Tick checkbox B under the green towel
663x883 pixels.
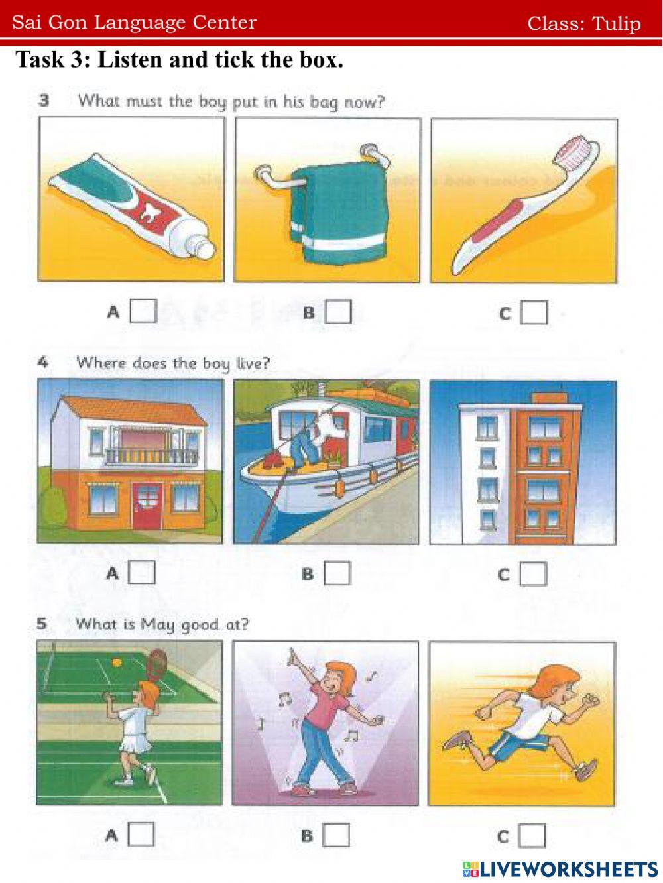tap(338, 312)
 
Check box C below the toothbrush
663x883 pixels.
tap(534, 313)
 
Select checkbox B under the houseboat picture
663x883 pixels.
tap(337, 573)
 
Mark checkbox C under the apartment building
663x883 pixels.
tap(533, 573)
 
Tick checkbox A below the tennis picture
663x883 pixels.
tap(141, 835)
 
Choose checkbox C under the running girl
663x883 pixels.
tap(532, 836)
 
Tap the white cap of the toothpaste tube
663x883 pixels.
tap(201, 246)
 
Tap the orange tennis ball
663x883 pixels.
tap(117, 662)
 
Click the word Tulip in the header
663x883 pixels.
tap(617, 23)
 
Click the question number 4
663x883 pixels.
tap(42, 363)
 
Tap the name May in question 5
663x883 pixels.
tap(158, 624)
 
